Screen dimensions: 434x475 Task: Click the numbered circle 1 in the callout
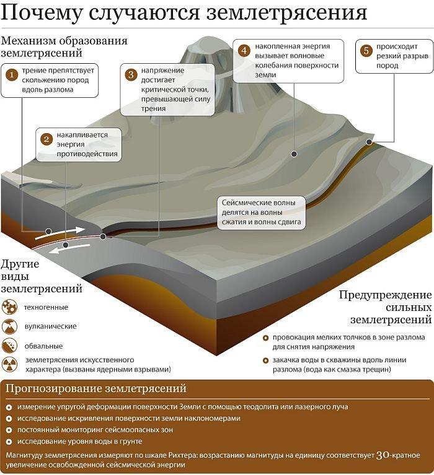click(x=12, y=75)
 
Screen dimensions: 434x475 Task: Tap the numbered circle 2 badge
click(x=46, y=139)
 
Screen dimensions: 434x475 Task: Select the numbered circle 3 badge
click(x=131, y=75)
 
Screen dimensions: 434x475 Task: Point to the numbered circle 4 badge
click(x=244, y=50)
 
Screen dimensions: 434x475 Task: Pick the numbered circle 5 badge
click(x=366, y=51)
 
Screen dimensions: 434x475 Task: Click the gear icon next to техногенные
click(x=9, y=307)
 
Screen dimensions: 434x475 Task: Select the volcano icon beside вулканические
click(x=9, y=326)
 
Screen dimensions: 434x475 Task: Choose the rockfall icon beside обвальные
click(x=9, y=346)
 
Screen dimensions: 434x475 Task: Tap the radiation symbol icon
click(x=9, y=364)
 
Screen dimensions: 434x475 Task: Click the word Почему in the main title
click(x=42, y=14)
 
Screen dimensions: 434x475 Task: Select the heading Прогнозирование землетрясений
click(x=96, y=388)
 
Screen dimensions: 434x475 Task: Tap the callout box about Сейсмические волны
click(x=262, y=212)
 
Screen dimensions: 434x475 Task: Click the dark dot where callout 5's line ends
click(x=369, y=142)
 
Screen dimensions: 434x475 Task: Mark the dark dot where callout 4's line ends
click(x=294, y=154)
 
